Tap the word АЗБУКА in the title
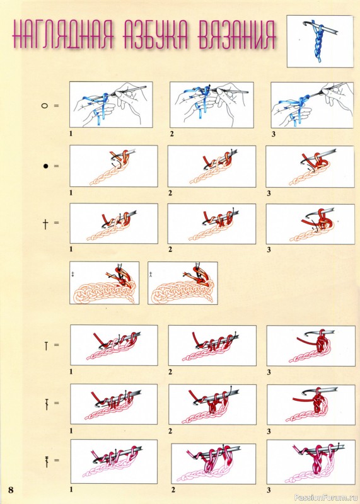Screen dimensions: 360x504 click(x=156, y=35)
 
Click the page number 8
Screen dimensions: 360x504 click(x=11, y=490)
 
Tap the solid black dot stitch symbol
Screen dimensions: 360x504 click(x=45, y=166)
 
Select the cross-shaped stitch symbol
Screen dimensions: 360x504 click(x=45, y=223)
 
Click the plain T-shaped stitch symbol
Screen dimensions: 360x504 click(x=46, y=346)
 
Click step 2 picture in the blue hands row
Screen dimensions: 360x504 click(x=212, y=105)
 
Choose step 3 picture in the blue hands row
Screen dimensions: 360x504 click(x=312, y=105)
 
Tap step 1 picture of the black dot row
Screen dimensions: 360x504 click(x=113, y=166)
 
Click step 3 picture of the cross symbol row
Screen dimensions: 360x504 click(x=310, y=224)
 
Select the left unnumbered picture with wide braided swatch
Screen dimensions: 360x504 click(x=105, y=283)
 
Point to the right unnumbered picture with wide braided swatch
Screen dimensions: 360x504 click(x=183, y=283)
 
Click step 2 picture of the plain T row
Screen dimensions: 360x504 click(x=212, y=345)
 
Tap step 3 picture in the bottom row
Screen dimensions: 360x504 click(x=310, y=462)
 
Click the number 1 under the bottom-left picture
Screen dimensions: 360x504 click(x=71, y=490)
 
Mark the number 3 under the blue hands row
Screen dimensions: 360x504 click(x=274, y=134)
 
